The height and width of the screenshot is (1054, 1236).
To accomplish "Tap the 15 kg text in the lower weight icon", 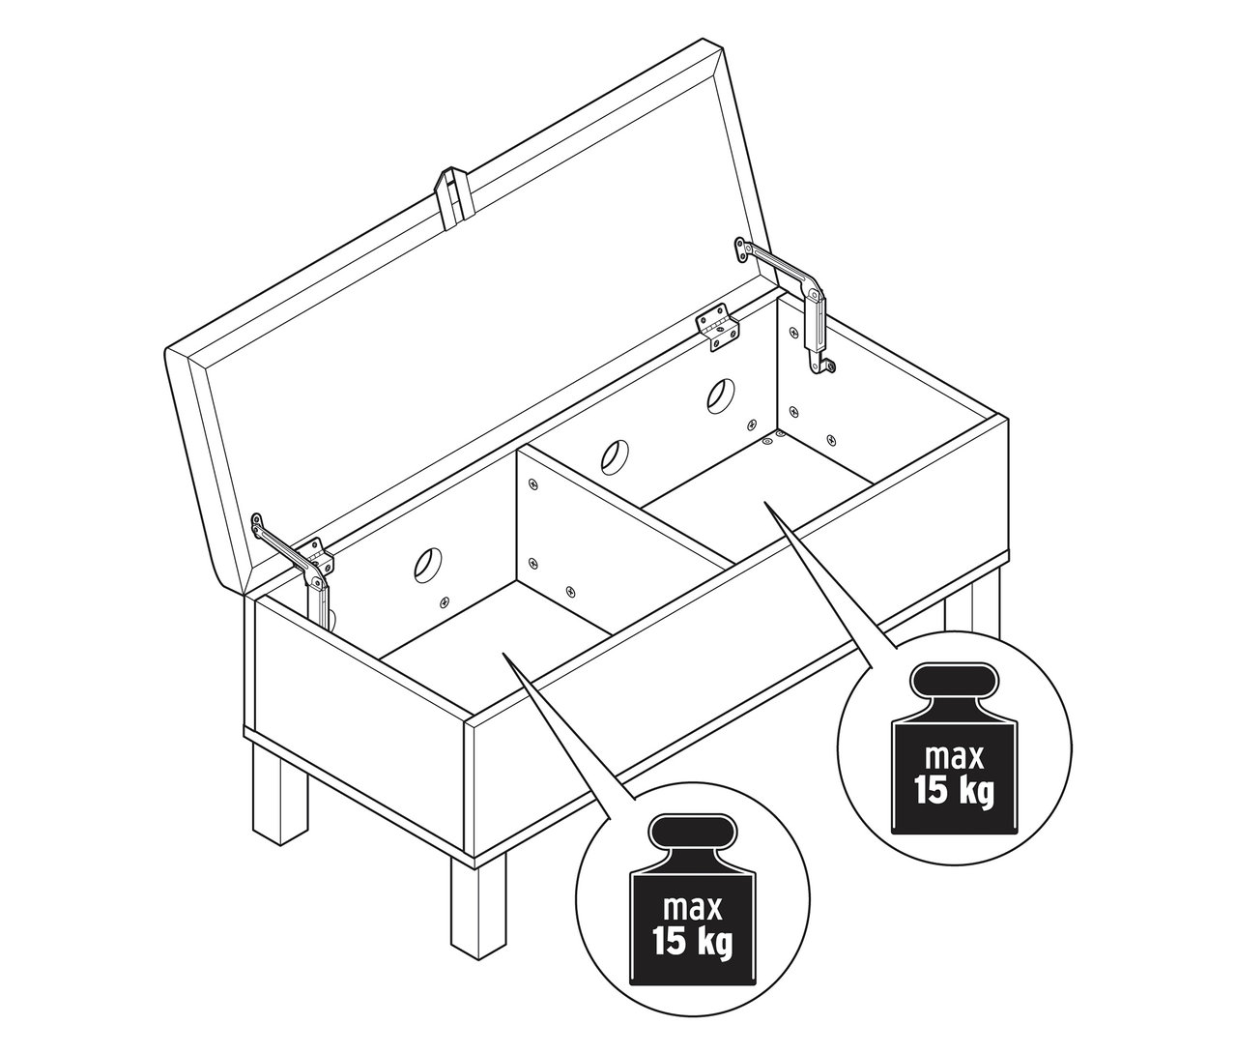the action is coord(693,943).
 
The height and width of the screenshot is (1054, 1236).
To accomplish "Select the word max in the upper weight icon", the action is coord(955,758).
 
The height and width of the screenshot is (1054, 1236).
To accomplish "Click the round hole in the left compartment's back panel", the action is coord(429,566).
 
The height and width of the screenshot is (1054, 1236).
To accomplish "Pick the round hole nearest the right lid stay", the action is coord(722,395).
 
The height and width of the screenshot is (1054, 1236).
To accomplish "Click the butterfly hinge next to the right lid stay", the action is coord(717,329).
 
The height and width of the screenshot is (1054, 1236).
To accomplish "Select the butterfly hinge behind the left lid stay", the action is coord(317,559).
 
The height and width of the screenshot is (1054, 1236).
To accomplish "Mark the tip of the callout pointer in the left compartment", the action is coord(504,654).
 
